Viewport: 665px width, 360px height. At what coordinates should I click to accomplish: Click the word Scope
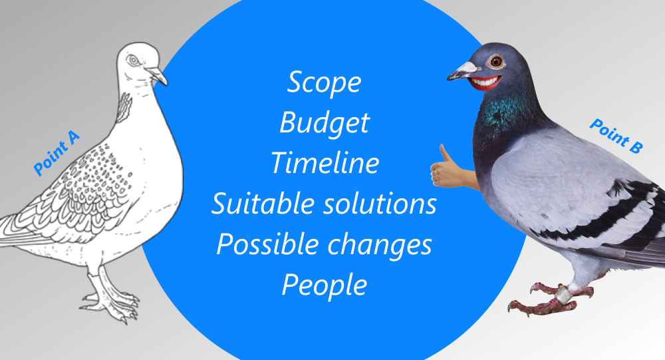pos(325,82)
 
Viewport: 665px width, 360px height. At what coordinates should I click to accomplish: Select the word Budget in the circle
pos(325,123)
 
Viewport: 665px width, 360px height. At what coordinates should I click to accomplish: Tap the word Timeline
pos(325,162)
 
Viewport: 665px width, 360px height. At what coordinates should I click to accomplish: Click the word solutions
pos(380,204)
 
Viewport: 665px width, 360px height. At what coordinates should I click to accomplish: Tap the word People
pos(325,285)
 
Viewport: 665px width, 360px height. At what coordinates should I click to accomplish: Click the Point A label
pos(57,153)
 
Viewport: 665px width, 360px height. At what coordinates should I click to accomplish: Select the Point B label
pos(616,136)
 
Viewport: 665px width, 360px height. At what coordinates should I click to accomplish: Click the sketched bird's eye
pos(134,61)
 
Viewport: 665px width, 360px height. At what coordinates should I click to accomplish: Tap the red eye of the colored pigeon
pos(495,62)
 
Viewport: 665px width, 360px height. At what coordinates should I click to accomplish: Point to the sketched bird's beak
pos(157,75)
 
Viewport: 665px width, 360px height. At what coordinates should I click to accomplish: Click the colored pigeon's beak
pos(463,71)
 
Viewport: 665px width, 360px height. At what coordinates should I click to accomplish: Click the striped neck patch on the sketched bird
pos(124,106)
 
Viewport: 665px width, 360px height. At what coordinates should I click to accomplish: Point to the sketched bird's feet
pos(110,303)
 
